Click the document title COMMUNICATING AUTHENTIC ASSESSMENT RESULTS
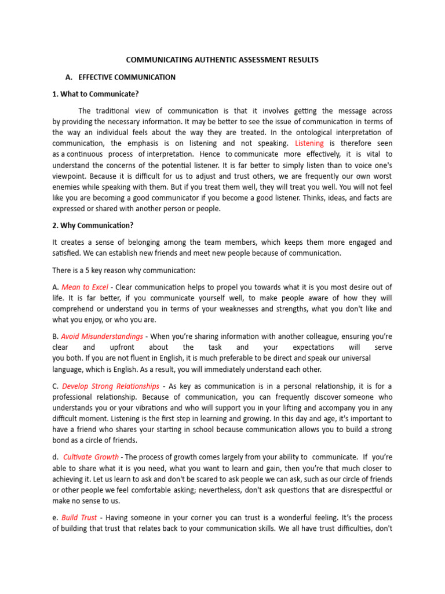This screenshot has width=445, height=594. point(222,60)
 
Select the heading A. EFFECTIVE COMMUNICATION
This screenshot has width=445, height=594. point(121,77)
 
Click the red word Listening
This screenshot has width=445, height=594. point(310,143)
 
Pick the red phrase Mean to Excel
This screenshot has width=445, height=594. point(85,287)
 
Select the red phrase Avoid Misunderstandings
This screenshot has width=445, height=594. point(102,336)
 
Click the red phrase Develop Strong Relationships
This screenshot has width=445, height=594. point(110,386)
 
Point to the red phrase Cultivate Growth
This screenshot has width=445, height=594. point(91,457)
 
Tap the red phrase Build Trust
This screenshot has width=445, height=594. point(78,517)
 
